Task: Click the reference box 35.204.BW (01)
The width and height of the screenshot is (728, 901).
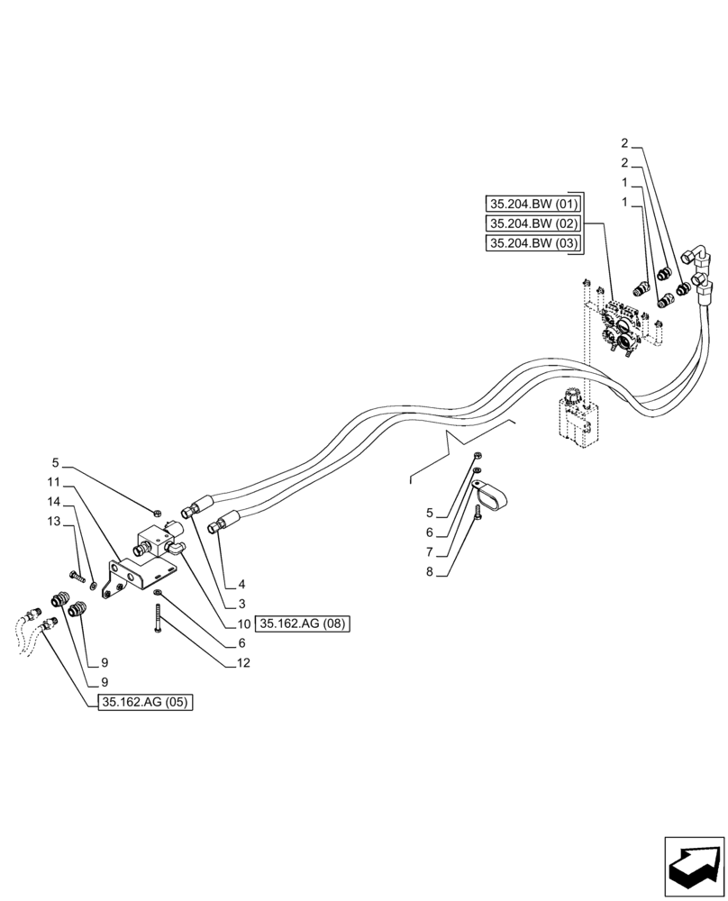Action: pos(534,204)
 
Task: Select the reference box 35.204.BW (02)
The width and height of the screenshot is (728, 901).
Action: pos(534,223)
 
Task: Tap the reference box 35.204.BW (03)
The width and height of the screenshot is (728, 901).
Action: pos(534,243)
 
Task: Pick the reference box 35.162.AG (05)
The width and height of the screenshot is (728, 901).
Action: pos(145,703)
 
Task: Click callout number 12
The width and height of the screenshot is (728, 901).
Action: pos(244,663)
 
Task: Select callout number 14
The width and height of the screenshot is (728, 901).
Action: pos(55,500)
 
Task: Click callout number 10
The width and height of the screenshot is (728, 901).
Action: pos(243,623)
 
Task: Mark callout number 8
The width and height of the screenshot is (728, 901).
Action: pos(430,571)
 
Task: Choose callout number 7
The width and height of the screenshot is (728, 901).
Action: pos(430,551)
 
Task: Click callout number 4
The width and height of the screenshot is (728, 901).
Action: pos(242,584)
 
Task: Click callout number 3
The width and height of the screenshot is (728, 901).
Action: pos(242,604)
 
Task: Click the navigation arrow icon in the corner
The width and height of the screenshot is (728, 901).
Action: pos(694,867)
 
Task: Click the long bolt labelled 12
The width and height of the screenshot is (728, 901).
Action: pos(158,621)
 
